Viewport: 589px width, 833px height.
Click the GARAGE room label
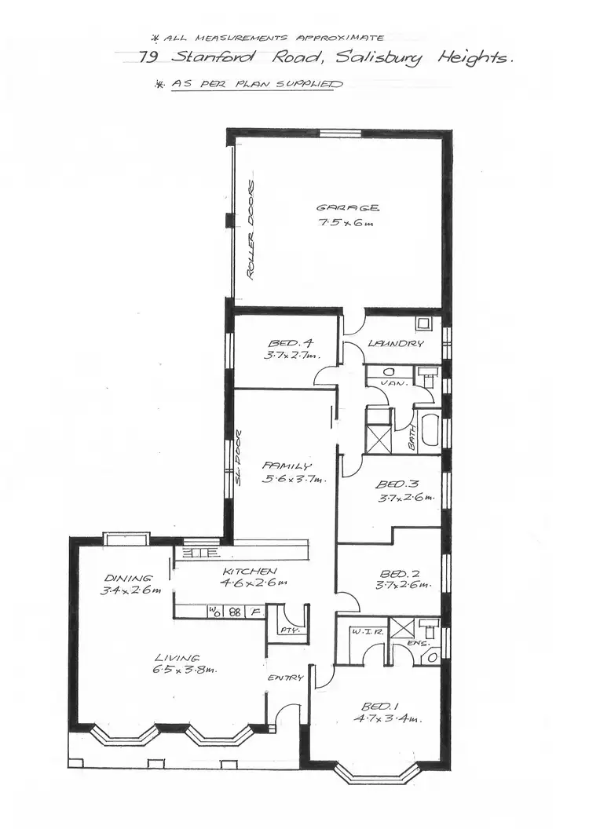[x=348, y=208]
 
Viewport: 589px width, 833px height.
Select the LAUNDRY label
[x=396, y=344]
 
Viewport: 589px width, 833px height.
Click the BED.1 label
[x=381, y=706]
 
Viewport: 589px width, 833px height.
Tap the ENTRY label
[x=285, y=678]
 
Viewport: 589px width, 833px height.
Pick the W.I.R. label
[x=363, y=630]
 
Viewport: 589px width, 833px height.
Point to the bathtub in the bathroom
[x=430, y=430]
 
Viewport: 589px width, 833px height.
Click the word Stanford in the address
[x=208, y=57]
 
